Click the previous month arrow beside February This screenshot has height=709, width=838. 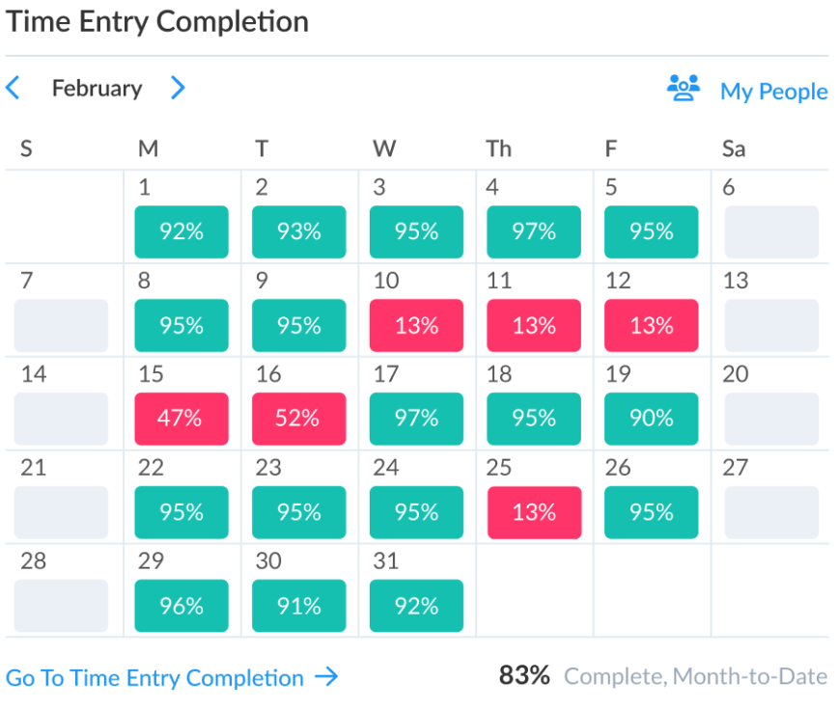[13, 88]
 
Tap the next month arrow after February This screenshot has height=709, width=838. [178, 88]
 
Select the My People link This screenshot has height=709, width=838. [774, 92]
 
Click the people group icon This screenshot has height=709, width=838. [684, 88]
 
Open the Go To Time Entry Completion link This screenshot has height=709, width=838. [172, 677]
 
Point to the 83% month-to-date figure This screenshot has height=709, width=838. [524, 675]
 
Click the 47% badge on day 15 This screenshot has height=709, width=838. [182, 419]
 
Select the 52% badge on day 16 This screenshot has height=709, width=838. [298, 419]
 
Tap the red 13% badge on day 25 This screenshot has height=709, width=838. [535, 512]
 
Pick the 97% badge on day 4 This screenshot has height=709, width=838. [534, 232]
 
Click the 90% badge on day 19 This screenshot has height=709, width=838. [652, 419]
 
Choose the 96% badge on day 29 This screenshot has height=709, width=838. [182, 606]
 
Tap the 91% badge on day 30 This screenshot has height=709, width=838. [298, 606]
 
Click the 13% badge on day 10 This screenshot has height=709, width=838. [416, 325]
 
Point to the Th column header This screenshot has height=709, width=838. [498, 149]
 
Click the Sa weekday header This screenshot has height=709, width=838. [734, 149]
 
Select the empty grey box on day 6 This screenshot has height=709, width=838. [771, 232]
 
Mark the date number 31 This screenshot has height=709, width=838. [386, 561]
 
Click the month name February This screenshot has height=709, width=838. [98, 89]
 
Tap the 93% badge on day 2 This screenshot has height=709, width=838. [298, 232]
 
